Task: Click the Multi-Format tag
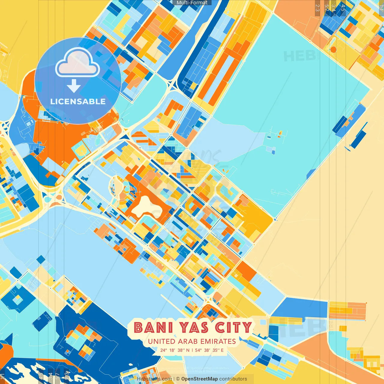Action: click(x=192, y=3)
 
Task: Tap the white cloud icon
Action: click(x=77, y=62)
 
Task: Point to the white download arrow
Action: click(x=74, y=86)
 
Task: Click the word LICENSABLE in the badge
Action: click(x=78, y=101)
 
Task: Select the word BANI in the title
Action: click(x=153, y=328)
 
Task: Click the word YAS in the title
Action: click(x=194, y=328)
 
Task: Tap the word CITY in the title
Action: click(x=233, y=328)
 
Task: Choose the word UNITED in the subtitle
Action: click(x=161, y=341)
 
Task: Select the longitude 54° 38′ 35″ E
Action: click(x=209, y=350)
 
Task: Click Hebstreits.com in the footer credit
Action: click(x=154, y=379)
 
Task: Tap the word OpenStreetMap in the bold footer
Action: click(x=199, y=379)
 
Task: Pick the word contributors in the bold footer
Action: click(x=233, y=379)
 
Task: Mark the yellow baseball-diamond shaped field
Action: click(x=80, y=151)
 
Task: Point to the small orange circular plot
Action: click(x=333, y=49)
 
